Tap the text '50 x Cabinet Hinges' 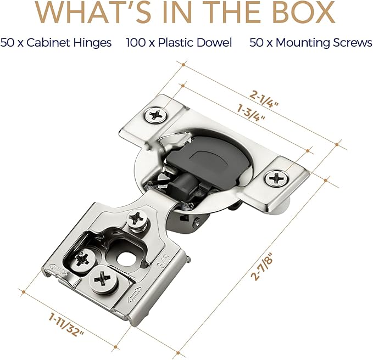pyautogui.click(x=56, y=43)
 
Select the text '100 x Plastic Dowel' pyautogui.click(x=179, y=43)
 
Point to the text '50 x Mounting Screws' pyautogui.click(x=311, y=43)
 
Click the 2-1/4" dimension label pyautogui.click(x=264, y=99)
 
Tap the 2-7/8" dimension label pyautogui.click(x=262, y=266)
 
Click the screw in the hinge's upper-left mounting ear pyautogui.click(x=155, y=115)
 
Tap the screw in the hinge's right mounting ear pyautogui.click(x=276, y=178)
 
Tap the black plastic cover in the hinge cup pyautogui.click(x=207, y=159)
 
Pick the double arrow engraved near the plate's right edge pyautogui.click(x=135, y=294)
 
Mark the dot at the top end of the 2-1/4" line pyautogui.click(x=183, y=65)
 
